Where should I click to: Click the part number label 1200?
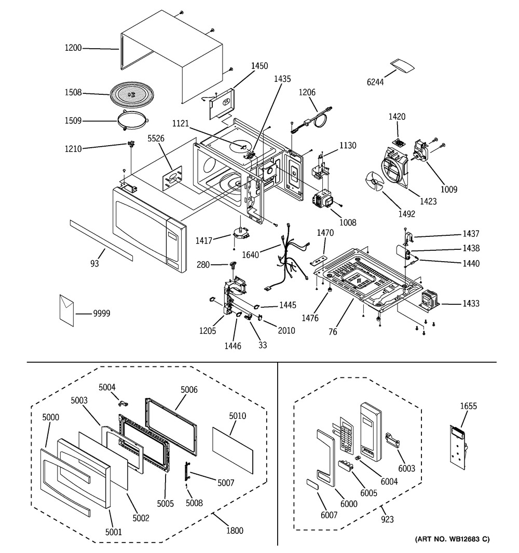pyautogui.click(x=73, y=49)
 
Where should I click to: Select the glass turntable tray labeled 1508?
pyautogui.click(x=132, y=95)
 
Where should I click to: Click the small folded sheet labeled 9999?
pyautogui.click(x=67, y=309)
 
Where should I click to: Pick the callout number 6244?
pyautogui.click(x=375, y=82)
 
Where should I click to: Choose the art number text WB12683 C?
pyautogui.click(x=452, y=540)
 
